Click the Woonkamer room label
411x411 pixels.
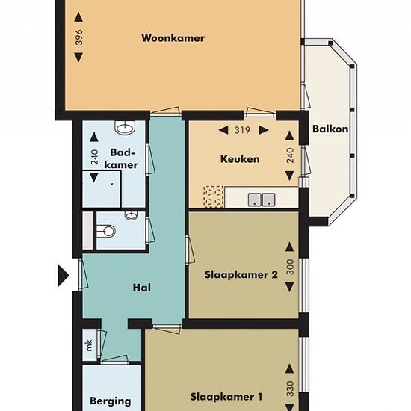[173, 38]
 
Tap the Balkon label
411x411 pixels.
[330, 129]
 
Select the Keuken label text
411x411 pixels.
[240, 159]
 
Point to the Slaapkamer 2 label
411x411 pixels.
[241, 275]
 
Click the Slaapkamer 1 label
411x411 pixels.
[226, 397]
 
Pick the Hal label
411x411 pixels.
[142, 288]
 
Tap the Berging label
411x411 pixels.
[111, 401]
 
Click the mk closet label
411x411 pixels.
[89, 345]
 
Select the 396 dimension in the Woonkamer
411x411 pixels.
[79, 37]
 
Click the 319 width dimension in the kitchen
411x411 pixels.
[242, 130]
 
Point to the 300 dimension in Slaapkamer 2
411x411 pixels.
[290, 267]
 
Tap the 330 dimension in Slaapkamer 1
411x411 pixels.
[290, 389]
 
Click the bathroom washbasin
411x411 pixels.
[125, 128]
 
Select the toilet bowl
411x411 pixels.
[106, 231]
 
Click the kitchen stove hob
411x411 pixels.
[214, 197]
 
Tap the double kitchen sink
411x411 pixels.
[262, 200]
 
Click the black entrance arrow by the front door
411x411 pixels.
[64, 276]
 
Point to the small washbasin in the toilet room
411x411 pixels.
[131, 215]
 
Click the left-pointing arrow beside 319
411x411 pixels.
[223, 130]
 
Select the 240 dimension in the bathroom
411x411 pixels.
[94, 157]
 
